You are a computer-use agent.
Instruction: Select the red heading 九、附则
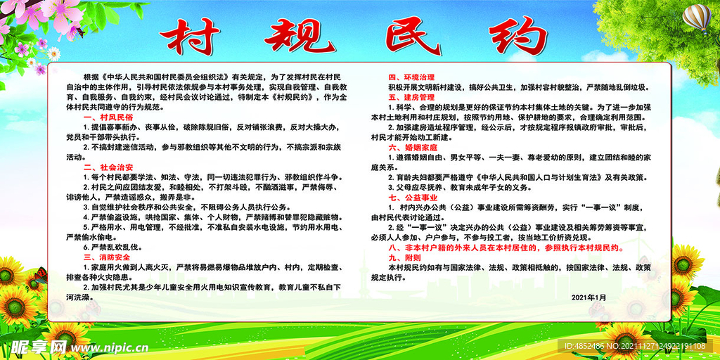[403, 258]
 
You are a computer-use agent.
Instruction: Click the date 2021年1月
[589, 297]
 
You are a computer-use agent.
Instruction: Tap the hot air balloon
[697, 17]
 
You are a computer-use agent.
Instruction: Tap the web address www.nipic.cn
[106, 347]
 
